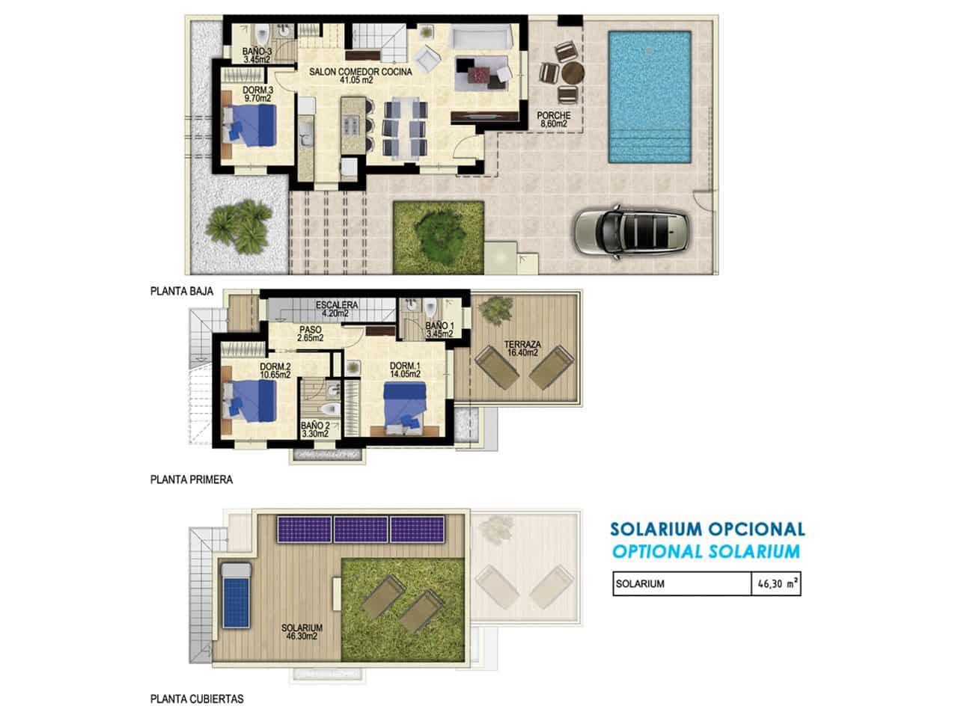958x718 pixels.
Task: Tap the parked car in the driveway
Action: (632, 231)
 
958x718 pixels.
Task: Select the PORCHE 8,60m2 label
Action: (554, 120)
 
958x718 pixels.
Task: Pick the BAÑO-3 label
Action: (255, 55)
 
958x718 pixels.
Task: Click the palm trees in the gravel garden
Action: (239, 225)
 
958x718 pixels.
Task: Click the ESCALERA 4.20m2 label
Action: (336, 309)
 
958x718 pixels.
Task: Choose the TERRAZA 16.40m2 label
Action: (524, 348)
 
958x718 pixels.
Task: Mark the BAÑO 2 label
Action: (315, 428)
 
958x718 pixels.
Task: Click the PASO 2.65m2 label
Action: (310, 334)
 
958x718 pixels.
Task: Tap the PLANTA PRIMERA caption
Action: (191, 479)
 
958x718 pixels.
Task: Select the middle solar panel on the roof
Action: (361, 530)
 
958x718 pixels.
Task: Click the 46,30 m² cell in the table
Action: (775, 584)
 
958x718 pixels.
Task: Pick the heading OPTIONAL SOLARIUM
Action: (705, 552)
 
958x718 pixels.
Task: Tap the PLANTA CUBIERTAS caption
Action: (196, 699)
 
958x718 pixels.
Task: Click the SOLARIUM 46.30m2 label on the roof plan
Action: (302, 632)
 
